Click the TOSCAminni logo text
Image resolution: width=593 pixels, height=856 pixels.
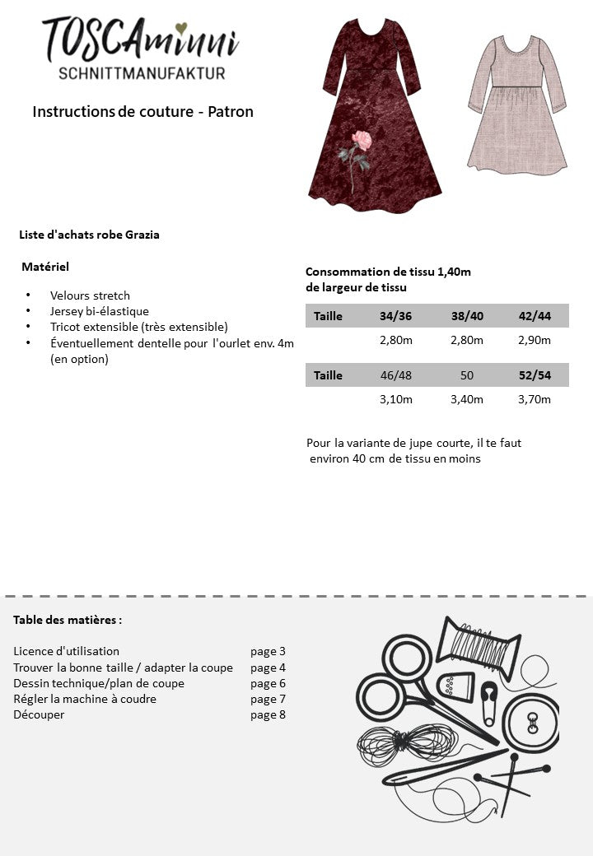[x=140, y=38]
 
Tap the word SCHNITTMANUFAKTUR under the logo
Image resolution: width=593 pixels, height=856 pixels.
[x=142, y=73]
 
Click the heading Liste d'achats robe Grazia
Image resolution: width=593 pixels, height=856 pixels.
[x=89, y=235]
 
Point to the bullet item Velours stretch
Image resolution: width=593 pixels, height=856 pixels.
[x=90, y=295]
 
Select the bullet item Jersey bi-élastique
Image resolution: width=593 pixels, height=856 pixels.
[x=100, y=311]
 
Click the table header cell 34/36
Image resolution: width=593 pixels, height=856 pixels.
[x=396, y=316]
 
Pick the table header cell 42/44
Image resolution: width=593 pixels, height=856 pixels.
[x=535, y=316]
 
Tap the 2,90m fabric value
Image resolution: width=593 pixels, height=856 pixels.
[x=535, y=340]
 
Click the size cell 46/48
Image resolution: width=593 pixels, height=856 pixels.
[x=396, y=375]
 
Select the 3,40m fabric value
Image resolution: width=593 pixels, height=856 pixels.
[x=467, y=399]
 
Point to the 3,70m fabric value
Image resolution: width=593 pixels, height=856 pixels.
[x=535, y=399]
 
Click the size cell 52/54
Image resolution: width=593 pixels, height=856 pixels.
[x=535, y=375]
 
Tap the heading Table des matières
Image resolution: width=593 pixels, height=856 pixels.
[x=68, y=620]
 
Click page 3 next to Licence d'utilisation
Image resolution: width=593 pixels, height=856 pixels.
[x=268, y=651]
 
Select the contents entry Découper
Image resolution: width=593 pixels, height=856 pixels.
[x=39, y=714]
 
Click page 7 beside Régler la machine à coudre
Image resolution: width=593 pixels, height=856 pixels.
[x=268, y=699]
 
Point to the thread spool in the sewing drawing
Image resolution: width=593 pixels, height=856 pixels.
[x=478, y=643]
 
